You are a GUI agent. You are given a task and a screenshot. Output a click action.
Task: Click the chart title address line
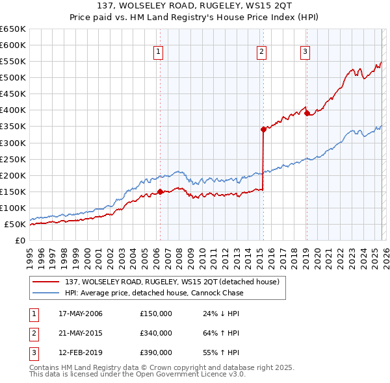[195, 6]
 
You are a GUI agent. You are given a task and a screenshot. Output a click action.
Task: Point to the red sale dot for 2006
[160, 191]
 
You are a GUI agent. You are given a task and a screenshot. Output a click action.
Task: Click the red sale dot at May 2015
[263, 129]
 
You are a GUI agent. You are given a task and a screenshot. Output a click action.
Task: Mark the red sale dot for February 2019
[306, 113]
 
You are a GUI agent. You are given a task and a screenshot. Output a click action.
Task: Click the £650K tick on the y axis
[13, 29]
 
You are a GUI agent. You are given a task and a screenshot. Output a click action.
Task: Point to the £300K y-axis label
[13, 143]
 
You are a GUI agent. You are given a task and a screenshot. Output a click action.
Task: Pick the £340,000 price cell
[156, 333]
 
